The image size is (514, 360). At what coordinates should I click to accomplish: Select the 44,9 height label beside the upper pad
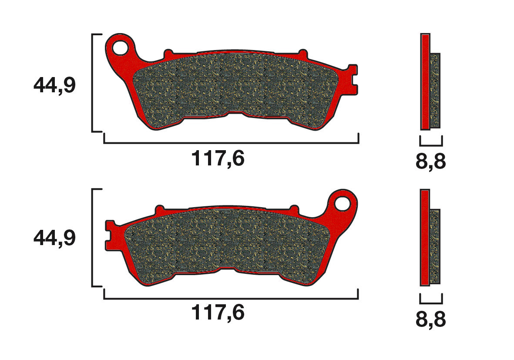[54, 85]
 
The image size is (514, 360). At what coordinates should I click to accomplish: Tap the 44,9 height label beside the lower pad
[54, 238]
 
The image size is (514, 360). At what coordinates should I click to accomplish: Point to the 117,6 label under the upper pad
[218, 159]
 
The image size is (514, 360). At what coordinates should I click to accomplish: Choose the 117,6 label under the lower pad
[218, 313]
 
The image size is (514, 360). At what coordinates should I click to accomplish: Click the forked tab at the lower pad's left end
[110, 235]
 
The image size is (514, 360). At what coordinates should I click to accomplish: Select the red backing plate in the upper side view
[425, 81]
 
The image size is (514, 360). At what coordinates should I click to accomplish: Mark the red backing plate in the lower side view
[425, 238]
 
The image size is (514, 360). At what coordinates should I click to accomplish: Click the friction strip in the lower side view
[435, 246]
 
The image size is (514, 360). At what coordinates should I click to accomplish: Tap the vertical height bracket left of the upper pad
[93, 83]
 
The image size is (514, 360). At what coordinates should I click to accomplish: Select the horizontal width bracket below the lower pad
[231, 299]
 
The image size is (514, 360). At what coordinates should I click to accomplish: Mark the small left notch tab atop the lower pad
[159, 209]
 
